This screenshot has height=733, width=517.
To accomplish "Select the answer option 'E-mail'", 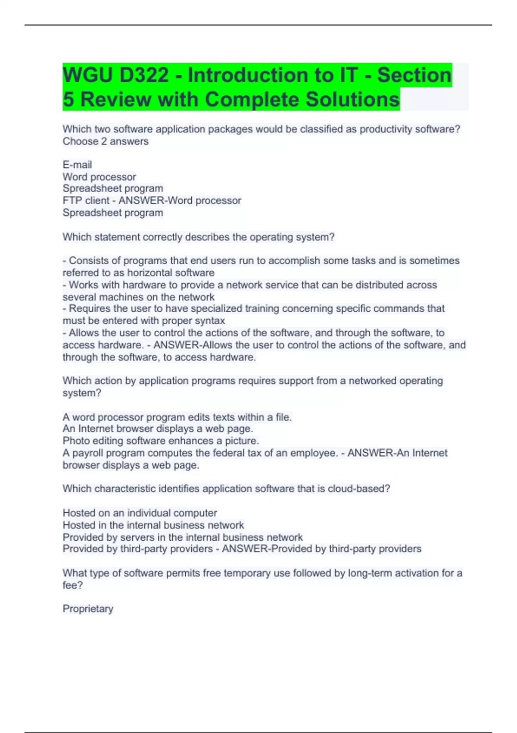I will tap(77, 165).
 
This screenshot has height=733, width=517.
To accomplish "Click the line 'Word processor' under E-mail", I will tap(99, 177).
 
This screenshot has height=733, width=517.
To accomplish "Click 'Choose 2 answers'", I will tap(106, 141).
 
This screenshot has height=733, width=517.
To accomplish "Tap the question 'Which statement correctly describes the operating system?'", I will tap(199, 237).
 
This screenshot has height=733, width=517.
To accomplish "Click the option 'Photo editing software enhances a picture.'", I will tap(161, 441).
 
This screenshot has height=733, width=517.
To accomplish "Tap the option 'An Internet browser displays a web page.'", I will tap(158, 429).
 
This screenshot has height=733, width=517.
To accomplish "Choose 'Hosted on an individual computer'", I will tap(140, 513).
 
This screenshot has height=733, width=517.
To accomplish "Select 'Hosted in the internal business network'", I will tap(153, 525).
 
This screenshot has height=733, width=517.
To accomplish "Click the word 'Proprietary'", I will tap(88, 609).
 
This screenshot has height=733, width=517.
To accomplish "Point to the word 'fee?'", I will tap(72, 585).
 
